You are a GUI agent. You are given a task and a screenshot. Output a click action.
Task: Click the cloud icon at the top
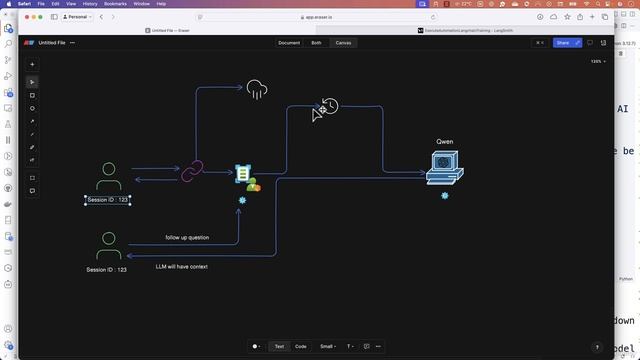[x=258, y=90]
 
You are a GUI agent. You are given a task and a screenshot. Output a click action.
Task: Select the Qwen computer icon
[x=444, y=167]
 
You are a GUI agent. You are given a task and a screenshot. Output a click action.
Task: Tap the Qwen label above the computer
[x=445, y=142]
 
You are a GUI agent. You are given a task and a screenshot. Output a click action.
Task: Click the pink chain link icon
[x=191, y=172]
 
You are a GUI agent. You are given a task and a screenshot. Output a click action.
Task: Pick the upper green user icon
[x=109, y=177]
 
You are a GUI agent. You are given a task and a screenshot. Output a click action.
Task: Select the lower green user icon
[x=109, y=245]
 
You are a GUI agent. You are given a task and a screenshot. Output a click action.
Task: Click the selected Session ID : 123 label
[x=107, y=200]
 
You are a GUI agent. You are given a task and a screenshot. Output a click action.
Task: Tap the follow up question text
[x=187, y=237]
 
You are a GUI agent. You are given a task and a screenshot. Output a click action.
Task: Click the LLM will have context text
[x=182, y=267]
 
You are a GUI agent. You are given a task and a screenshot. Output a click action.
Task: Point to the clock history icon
[x=329, y=106]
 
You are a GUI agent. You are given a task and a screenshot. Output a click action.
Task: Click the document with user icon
[x=245, y=177]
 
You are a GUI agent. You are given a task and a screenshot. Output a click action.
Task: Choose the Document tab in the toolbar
[x=289, y=43]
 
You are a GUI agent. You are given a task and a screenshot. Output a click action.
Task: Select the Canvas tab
[x=343, y=43]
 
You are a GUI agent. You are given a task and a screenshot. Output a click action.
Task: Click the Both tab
[x=316, y=43]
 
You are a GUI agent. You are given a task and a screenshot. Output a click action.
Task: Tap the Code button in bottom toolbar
[x=300, y=346]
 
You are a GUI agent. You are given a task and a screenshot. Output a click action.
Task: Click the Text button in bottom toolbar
[x=279, y=346]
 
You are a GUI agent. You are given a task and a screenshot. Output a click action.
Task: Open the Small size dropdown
[x=327, y=346]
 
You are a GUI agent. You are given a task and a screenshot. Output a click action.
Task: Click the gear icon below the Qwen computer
[x=444, y=196]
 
